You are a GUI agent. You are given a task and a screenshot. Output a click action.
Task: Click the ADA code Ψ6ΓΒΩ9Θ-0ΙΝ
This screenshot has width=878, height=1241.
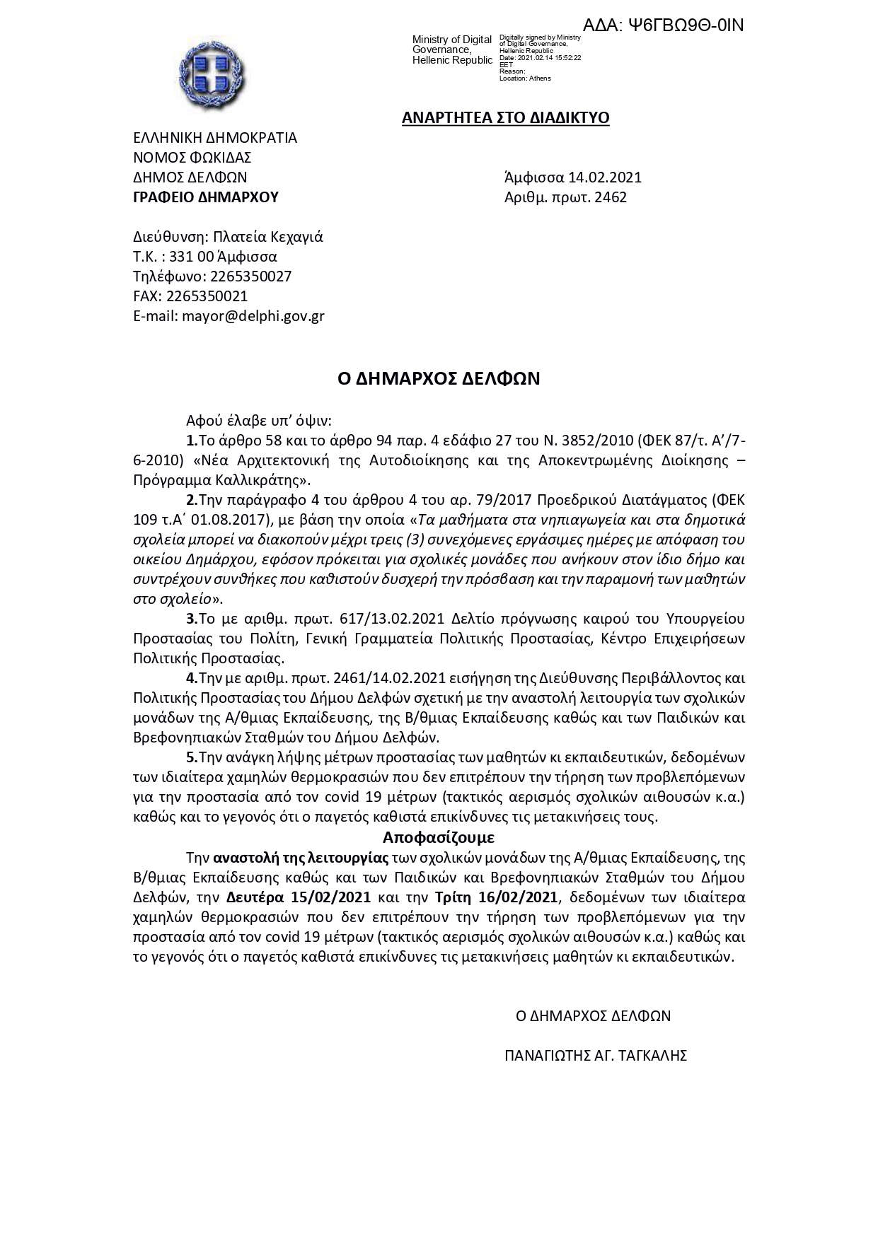pyautogui.click(x=663, y=25)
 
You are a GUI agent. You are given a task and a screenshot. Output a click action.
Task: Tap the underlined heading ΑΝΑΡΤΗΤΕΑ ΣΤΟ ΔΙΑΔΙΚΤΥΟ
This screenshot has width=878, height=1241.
pyautogui.click(x=505, y=117)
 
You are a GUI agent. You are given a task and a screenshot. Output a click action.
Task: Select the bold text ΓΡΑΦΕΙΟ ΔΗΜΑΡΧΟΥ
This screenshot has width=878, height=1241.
pyautogui.click(x=206, y=197)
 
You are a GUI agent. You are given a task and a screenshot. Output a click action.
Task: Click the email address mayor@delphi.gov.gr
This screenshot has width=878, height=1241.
pyautogui.click(x=253, y=316)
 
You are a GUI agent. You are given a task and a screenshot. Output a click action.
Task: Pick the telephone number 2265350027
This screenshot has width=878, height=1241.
pyautogui.click(x=250, y=276)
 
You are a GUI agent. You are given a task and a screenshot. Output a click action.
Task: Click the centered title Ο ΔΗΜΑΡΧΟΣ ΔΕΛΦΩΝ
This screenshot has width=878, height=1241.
pyautogui.click(x=439, y=379)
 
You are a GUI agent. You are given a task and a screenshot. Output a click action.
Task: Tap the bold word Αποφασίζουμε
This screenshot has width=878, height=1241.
pyautogui.click(x=438, y=838)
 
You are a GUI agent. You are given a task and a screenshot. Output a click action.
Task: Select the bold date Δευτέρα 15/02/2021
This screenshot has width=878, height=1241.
pyautogui.click(x=299, y=898)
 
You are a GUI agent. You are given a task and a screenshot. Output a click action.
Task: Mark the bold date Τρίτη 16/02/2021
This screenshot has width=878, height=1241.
pyautogui.click(x=496, y=898)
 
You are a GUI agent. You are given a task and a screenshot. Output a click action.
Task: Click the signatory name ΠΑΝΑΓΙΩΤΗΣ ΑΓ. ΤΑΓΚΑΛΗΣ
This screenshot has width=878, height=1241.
pyautogui.click(x=596, y=1056)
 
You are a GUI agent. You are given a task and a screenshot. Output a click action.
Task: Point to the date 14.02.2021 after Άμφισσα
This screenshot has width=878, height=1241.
pyautogui.click(x=609, y=177)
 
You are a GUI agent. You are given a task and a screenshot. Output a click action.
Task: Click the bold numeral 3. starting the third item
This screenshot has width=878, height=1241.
pyautogui.click(x=192, y=619)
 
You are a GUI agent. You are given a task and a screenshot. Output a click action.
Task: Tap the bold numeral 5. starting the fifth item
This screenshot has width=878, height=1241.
pyautogui.click(x=192, y=757)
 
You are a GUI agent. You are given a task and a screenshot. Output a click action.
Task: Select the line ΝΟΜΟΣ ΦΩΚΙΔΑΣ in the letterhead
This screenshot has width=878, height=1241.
pyautogui.click(x=192, y=158)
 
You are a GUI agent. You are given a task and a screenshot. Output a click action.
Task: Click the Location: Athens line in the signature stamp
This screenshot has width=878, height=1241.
pyautogui.click(x=525, y=78)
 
